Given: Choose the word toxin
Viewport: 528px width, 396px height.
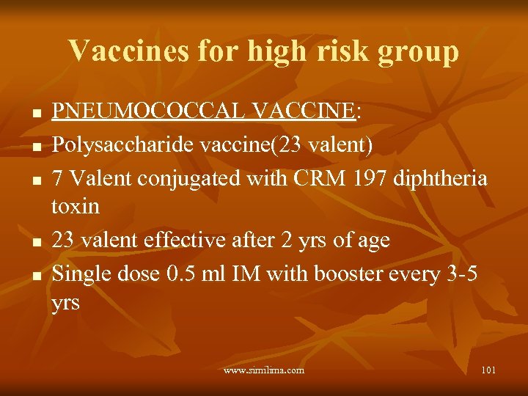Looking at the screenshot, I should click(x=76, y=206).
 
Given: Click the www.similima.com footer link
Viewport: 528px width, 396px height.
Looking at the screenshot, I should click(x=264, y=370).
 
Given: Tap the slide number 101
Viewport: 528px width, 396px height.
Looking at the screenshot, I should click(x=488, y=370).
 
